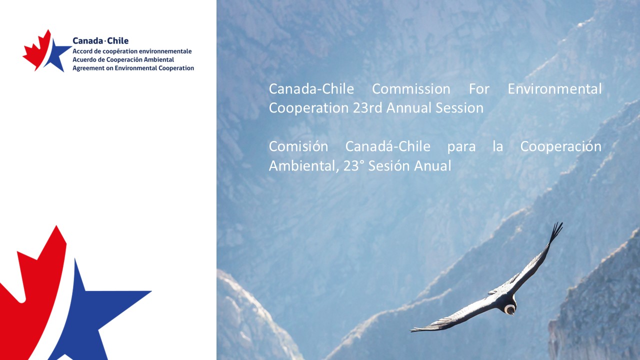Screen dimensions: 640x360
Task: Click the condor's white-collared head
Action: [x=510, y=309]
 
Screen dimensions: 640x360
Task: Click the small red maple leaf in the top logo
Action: [x=37, y=50]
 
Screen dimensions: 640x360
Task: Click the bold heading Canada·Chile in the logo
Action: [x=100, y=41]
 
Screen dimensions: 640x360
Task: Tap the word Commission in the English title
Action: [x=411, y=89]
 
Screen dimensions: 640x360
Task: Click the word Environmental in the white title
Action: [x=554, y=89]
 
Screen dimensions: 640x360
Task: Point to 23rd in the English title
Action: [x=367, y=108]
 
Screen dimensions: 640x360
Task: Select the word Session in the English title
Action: [x=459, y=108]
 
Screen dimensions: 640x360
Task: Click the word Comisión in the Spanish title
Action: [x=298, y=146]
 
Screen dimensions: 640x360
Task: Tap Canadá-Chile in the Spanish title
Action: [x=387, y=146]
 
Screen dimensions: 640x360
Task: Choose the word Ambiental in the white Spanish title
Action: [x=303, y=165]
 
